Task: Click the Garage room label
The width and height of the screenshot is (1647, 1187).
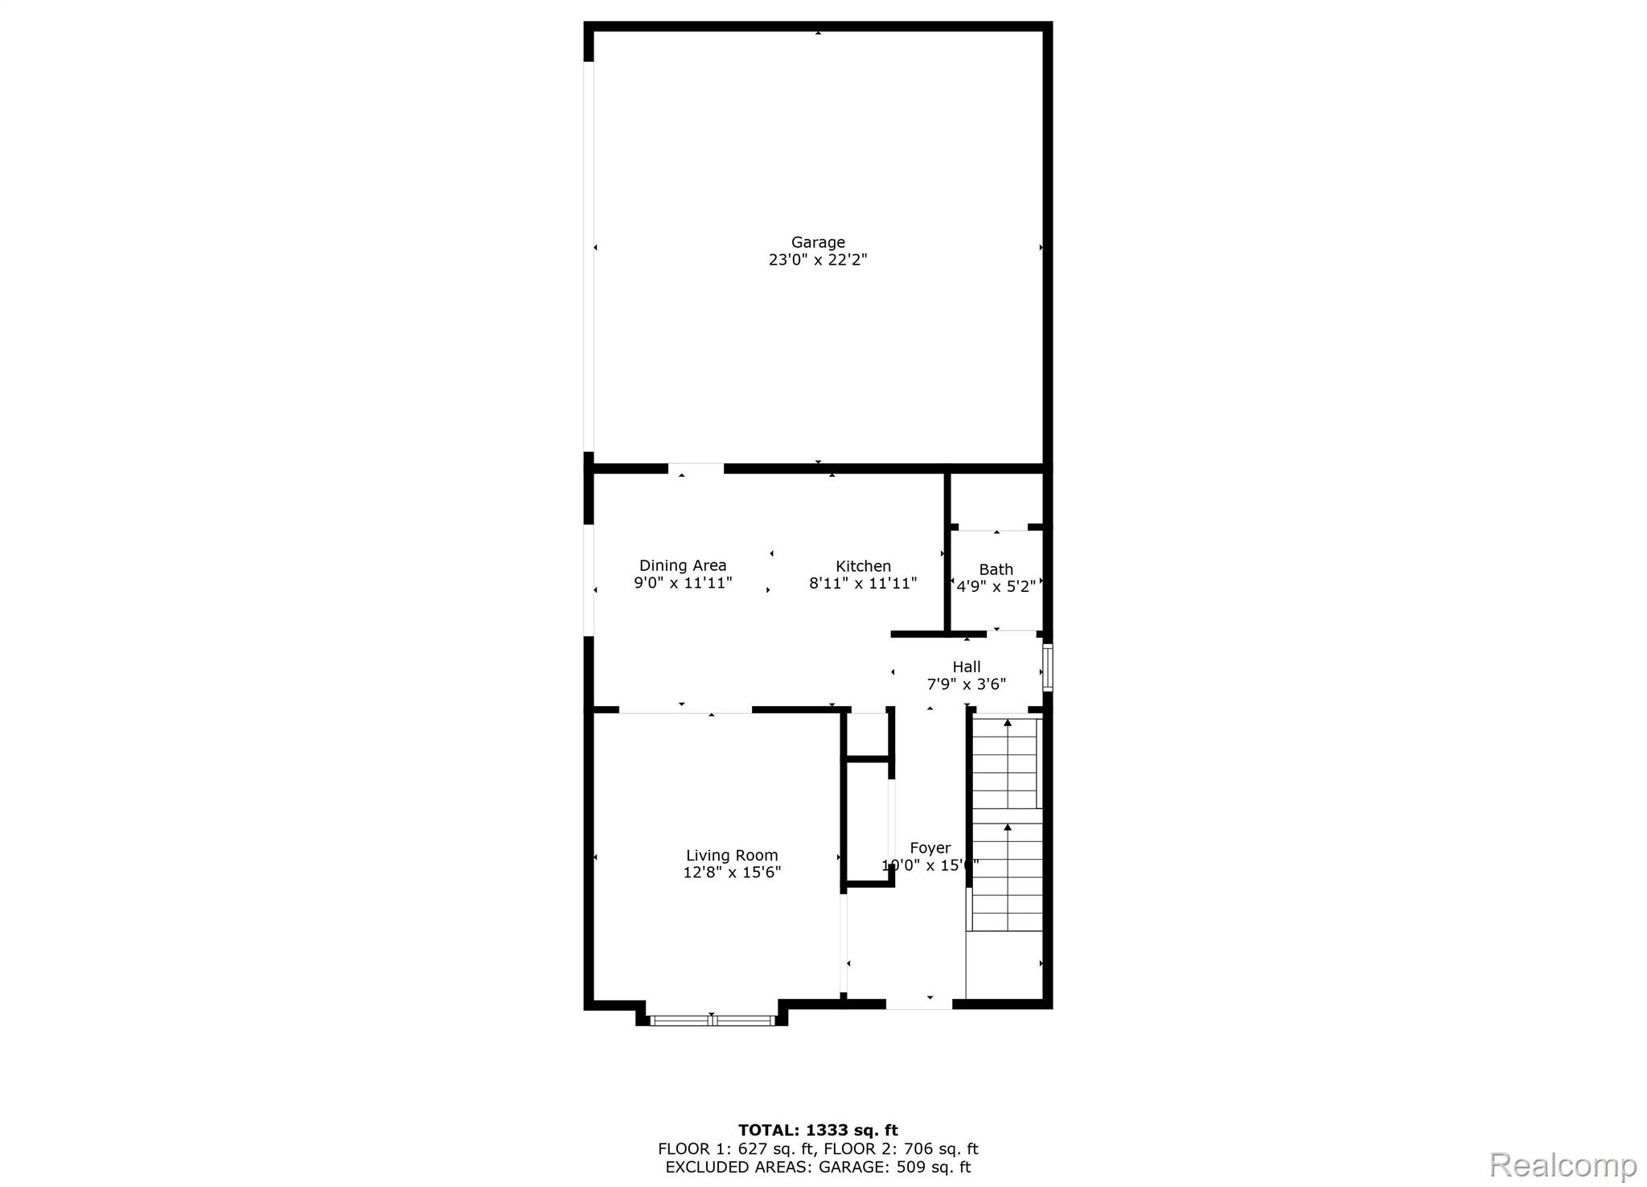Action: (817, 242)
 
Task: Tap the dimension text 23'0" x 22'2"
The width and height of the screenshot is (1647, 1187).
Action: (817, 260)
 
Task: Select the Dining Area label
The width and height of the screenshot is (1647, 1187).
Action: (682, 565)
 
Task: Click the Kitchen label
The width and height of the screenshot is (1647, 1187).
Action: (863, 566)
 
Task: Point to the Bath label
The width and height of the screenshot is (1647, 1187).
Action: (996, 569)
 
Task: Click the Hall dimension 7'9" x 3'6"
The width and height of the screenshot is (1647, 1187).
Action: (966, 684)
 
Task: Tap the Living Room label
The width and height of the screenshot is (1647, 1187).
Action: (732, 856)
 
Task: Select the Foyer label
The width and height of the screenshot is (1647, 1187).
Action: (930, 848)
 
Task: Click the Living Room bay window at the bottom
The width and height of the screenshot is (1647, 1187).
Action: (712, 1021)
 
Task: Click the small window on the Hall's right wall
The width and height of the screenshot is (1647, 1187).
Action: (1047, 667)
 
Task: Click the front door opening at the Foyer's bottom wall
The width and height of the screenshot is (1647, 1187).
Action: (918, 1004)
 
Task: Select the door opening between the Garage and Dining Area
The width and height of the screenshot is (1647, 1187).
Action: (696, 468)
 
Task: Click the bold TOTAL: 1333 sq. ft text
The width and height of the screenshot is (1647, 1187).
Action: (817, 1130)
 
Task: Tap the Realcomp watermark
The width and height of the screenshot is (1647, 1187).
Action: (1563, 1164)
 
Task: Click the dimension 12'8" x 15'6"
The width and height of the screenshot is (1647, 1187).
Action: (732, 873)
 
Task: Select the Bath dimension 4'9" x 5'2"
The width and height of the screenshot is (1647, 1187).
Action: (996, 587)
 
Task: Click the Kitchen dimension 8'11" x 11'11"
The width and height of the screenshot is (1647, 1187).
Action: (863, 584)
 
